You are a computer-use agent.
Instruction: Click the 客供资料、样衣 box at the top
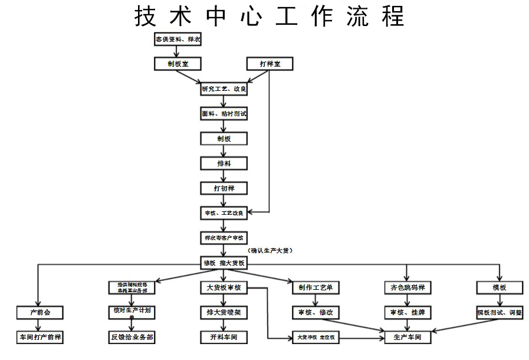tap(178, 40)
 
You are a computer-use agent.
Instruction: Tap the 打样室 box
tap(269, 63)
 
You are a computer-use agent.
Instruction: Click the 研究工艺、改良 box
tap(224, 89)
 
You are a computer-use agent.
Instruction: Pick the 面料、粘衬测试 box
tap(224, 114)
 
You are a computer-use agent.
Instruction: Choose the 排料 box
tap(224, 163)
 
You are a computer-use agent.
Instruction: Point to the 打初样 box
tap(224, 188)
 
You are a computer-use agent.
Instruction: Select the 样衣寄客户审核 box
tap(224, 238)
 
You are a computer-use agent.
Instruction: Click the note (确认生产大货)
tap(270, 250)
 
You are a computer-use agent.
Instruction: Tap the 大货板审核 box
tap(224, 287)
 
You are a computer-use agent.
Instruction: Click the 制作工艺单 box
tap(316, 287)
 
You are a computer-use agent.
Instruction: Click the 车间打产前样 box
tap(39, 338)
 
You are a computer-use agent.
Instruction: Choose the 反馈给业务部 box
tap(132, 338)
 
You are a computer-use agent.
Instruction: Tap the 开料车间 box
tap(224, 338)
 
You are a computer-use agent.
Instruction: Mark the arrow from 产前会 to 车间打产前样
tap(39, 325)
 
